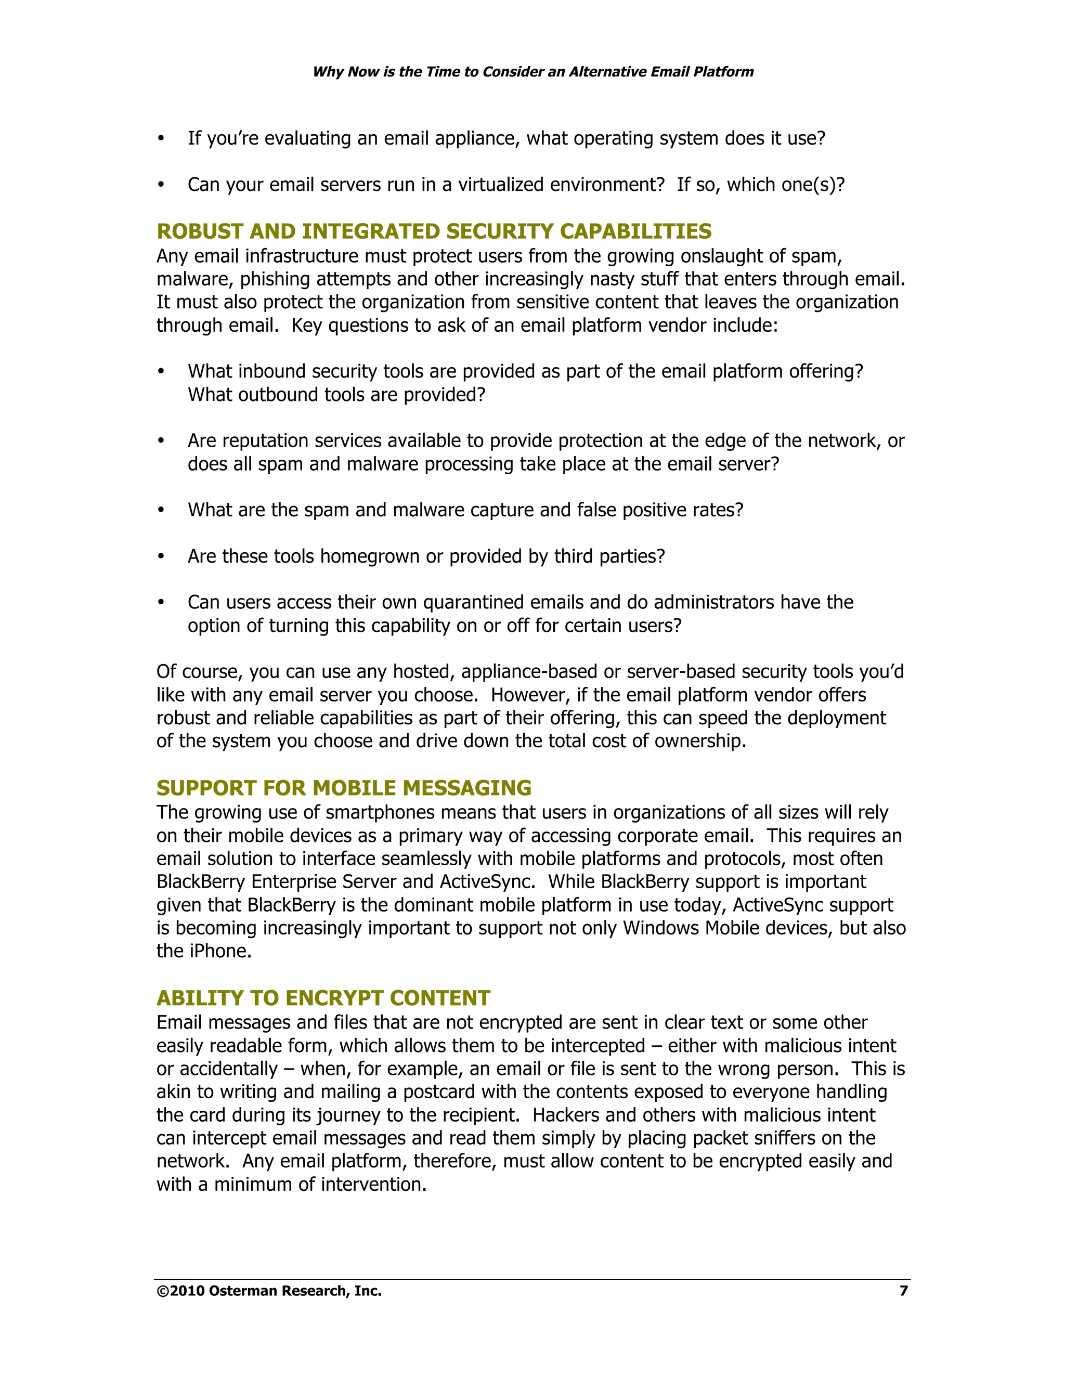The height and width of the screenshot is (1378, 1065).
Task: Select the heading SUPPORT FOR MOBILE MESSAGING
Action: pyautogui.click(x=344, y=787)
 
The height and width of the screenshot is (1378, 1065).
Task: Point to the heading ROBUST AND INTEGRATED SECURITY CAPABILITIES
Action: pyautogui.click(x=434, y=231)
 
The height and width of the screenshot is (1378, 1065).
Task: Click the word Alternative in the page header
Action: pyautogui.click(x=606, y=72)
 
